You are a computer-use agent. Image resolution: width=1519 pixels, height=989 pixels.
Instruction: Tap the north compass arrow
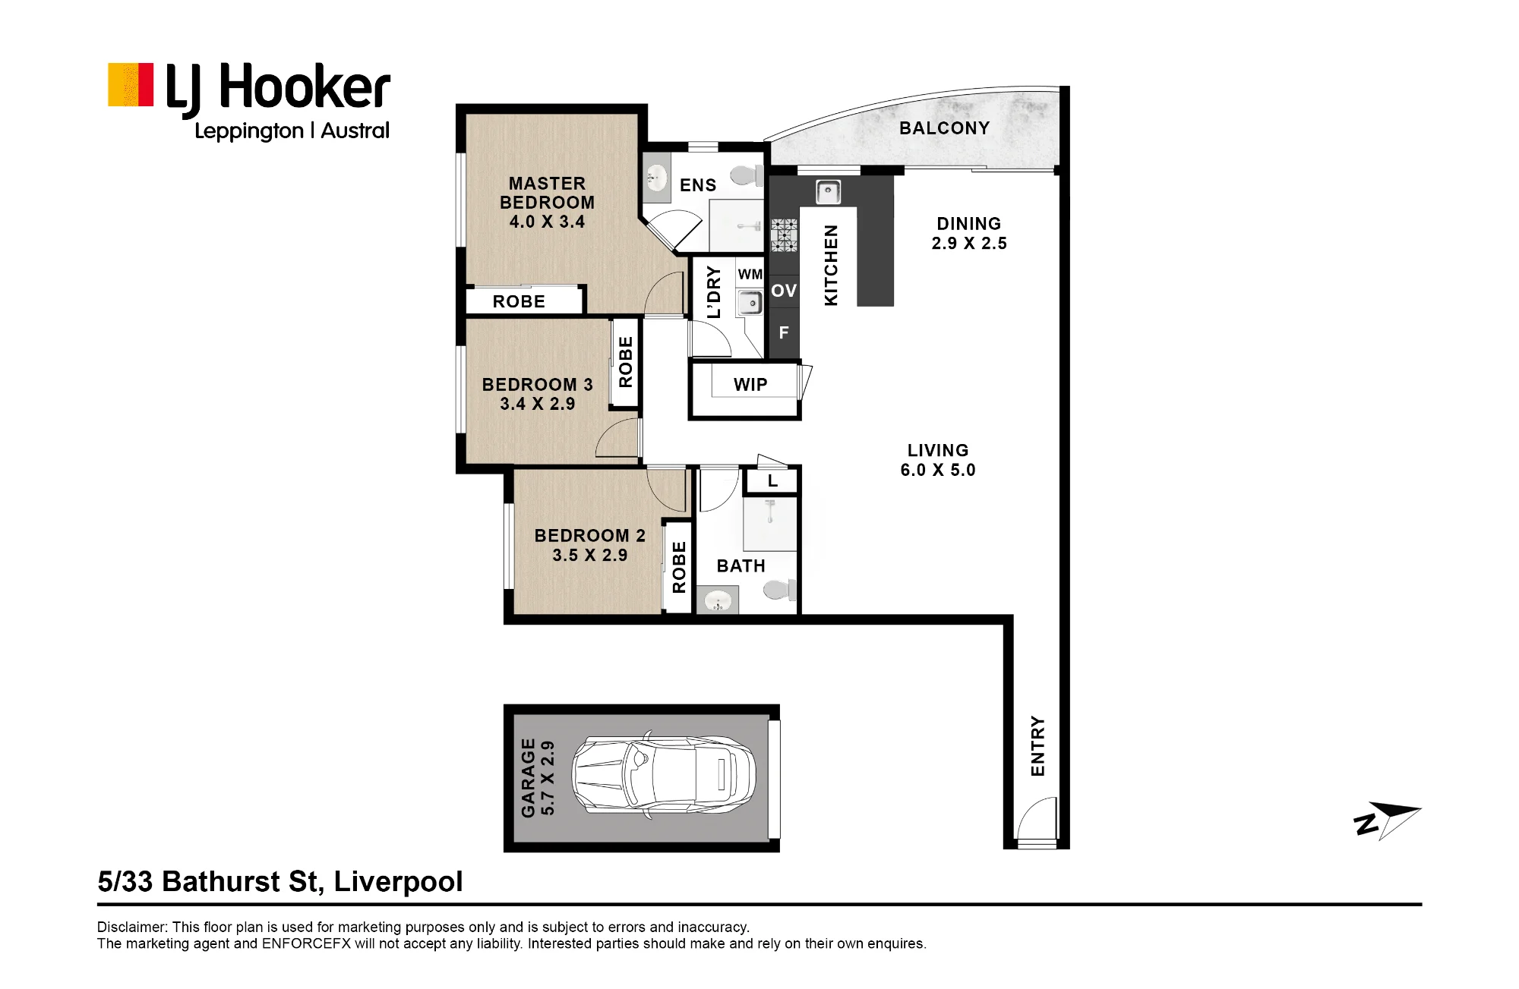click(1388, 820)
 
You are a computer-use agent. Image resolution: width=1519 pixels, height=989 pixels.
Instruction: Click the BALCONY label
click(945, 128)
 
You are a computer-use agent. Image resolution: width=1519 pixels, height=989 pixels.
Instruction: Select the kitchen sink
click(828, 192)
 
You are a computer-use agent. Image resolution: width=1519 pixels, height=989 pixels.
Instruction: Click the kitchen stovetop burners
click(785, 235)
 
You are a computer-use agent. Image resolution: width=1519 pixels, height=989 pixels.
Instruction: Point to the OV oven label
click(785, 291)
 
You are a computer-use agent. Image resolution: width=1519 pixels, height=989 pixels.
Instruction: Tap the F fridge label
click(784, 332)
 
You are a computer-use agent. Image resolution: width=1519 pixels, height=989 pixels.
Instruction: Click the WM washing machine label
click(750, 274)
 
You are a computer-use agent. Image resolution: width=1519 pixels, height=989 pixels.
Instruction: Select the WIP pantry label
click(750, 385)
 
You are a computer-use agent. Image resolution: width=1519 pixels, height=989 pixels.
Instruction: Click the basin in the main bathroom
click(717, 602)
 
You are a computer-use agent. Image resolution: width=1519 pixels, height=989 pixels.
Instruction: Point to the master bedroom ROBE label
click(519, 301)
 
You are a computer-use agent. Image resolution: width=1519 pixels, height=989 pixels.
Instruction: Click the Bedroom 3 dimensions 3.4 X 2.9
click(538, 404)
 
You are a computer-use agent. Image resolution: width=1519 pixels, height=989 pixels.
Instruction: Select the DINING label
click(969, 224)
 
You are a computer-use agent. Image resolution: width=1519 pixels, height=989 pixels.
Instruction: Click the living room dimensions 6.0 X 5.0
click(938, 470)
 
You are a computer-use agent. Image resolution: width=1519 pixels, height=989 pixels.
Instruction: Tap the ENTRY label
click(1037, 746)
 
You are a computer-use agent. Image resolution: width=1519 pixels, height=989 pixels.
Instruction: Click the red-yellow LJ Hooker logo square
click(131, 84)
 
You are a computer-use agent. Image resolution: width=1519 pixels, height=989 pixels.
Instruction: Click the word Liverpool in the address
click(398, 882)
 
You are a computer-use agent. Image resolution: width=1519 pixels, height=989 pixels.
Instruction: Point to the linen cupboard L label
click(772, 480)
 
